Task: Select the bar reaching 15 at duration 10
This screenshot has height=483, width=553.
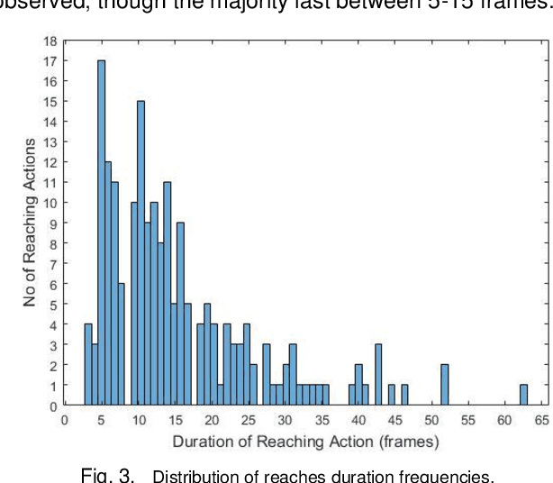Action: [x=141, y=253]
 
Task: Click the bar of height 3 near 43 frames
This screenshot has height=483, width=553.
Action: [x=378, y=375]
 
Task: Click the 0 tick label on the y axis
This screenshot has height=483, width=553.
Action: [x=53, y=406]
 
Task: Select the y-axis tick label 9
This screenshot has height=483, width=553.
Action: [x=53, y=224]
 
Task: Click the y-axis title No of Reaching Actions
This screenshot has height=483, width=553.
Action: [x=31, y=223]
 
